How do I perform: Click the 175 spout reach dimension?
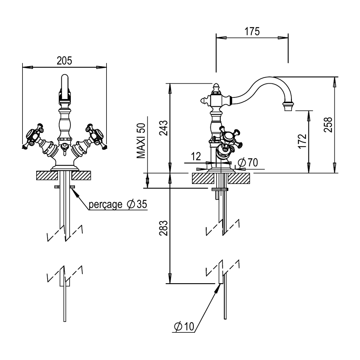coord(252,31)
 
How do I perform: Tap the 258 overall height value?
coord(328,125)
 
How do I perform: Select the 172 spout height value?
coord(302,141)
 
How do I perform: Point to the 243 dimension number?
coord(163,128)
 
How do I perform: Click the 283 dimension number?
coord(163,228)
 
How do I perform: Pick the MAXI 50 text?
coord(141,141)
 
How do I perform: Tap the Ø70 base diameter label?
coord(248,163)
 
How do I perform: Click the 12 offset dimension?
coord(196,156)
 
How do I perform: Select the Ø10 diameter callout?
coord(184,327)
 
